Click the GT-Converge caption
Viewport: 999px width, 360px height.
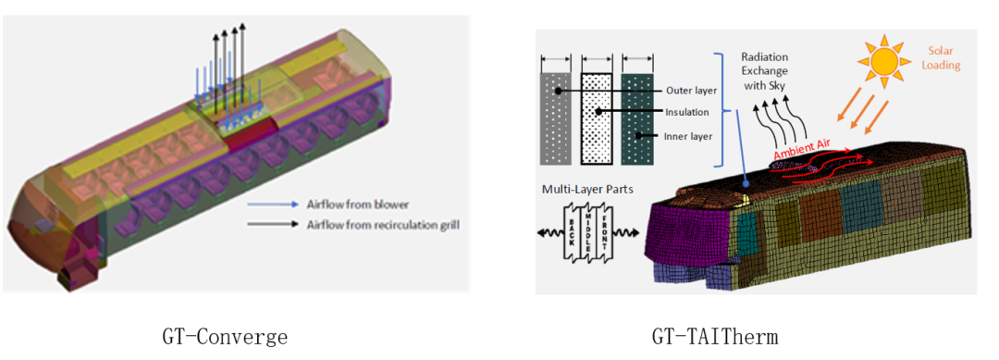[224, 336]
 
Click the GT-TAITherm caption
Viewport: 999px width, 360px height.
[715, 336]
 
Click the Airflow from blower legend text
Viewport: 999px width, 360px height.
[357, 205]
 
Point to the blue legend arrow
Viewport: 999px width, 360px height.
[273, 205]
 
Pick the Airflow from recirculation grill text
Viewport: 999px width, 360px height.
[382, 224]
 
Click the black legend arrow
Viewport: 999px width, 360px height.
[273, 224]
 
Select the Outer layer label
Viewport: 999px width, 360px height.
[691, 91]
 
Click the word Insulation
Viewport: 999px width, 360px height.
[687, 113]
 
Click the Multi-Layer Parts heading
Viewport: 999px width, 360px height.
[580, 190]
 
